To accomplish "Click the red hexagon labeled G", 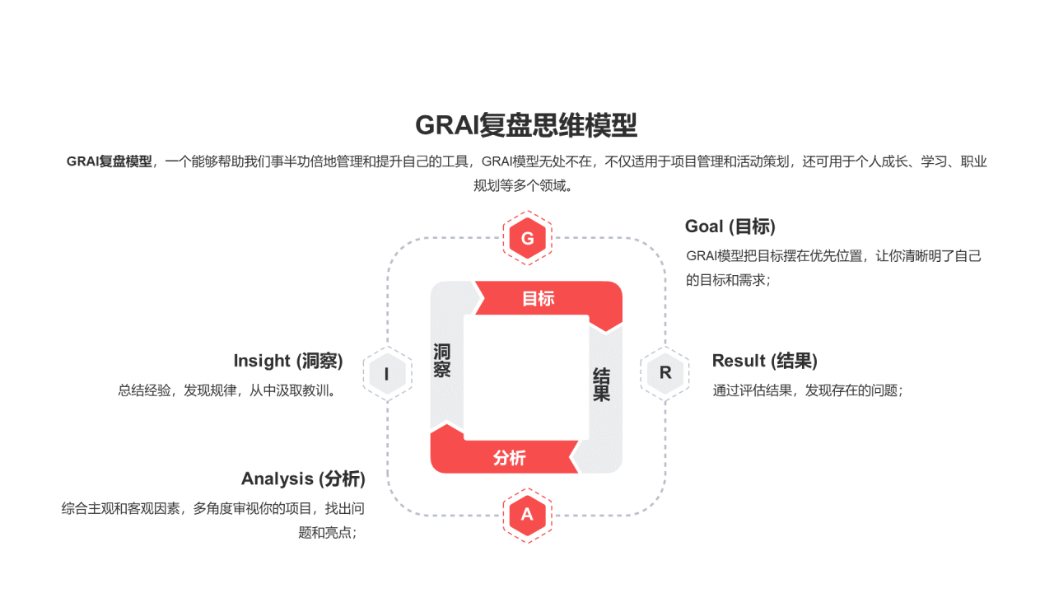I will pyautogui.click(x=527, y=239).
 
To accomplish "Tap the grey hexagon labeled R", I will pyautogui.click(x=665, y=372).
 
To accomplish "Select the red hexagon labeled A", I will pyautogui.click(x=527, y=515).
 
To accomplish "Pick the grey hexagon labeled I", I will pyautogui.click(x=387, y=375).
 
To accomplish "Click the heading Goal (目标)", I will pyautogui.click(x=730, y=226).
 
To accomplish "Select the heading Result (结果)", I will pyautogui.click(x=764, y=361).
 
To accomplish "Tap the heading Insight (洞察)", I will pyautogui.click(x=288, y=361).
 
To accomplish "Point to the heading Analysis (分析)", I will pyautogui.click(x=303, y=479).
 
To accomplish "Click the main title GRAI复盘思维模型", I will pyautogui.click(x=526, y=125).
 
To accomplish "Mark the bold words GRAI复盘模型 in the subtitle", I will pyautogui.click(x=110, y=161).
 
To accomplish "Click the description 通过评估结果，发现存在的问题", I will pyautogui.click(x=808, y=390).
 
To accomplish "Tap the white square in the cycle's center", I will pyautogui.click(x=526, y=377).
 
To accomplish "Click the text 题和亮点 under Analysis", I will pyautogui.click(x=327, y=532).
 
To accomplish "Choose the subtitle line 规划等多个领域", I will pyautogui.click(x=524, y=185).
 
